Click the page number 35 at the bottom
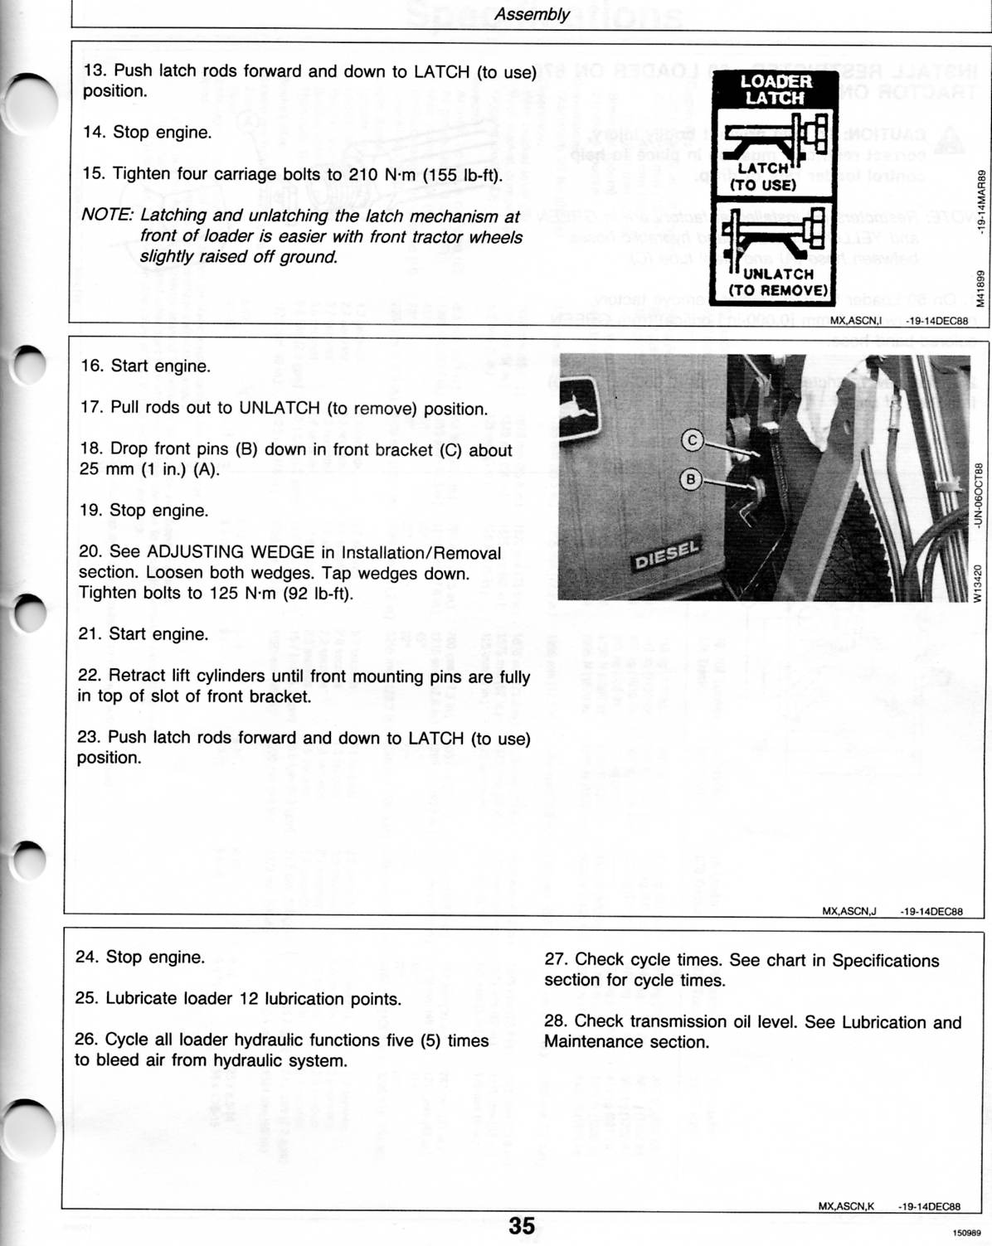522,1225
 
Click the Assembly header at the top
532,14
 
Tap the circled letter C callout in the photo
692,440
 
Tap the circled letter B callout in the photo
690,479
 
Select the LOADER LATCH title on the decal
776,90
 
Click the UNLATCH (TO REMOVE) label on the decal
778,282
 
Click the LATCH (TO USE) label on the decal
762,177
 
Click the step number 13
94,71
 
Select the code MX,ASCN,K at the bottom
846,1207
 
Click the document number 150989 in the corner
967,1233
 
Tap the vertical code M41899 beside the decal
980,288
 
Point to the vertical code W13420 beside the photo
979,584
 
